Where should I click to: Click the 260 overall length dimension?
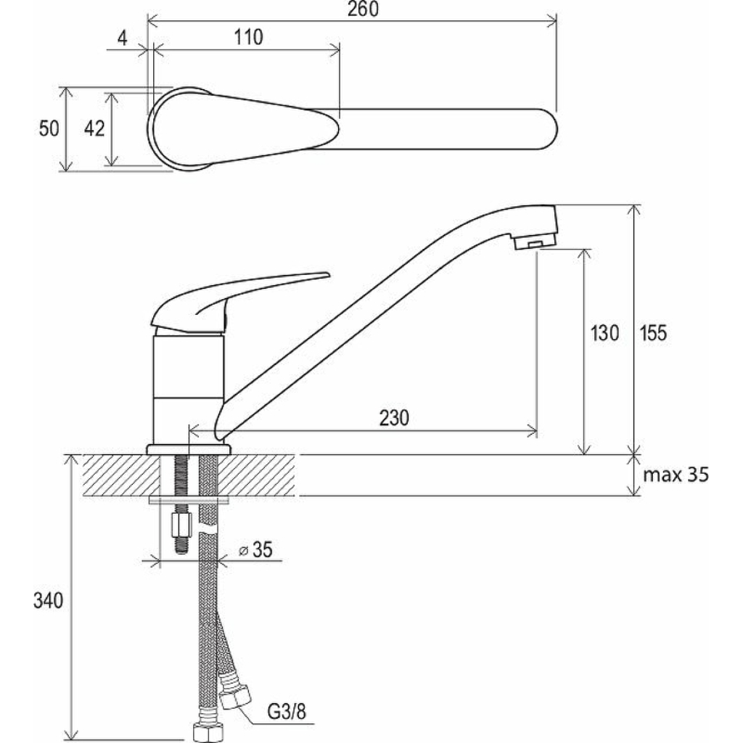[363, 9]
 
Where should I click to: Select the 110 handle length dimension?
[248, 37]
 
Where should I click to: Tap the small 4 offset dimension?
[122, 38]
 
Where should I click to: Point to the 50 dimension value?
[49, 128]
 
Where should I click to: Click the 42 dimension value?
[94, 128]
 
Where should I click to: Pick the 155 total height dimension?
[654, 332]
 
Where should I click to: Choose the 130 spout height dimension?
[604, 332]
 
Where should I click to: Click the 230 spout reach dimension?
[394, 418]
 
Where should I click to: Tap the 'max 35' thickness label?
[676, 475]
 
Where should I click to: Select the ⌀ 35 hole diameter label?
[256, 550]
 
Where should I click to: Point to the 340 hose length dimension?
[48, 600]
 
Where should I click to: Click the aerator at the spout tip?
[535, 242]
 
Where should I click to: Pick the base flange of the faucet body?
[189, 449]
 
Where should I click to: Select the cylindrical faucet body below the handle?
[188, 390]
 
